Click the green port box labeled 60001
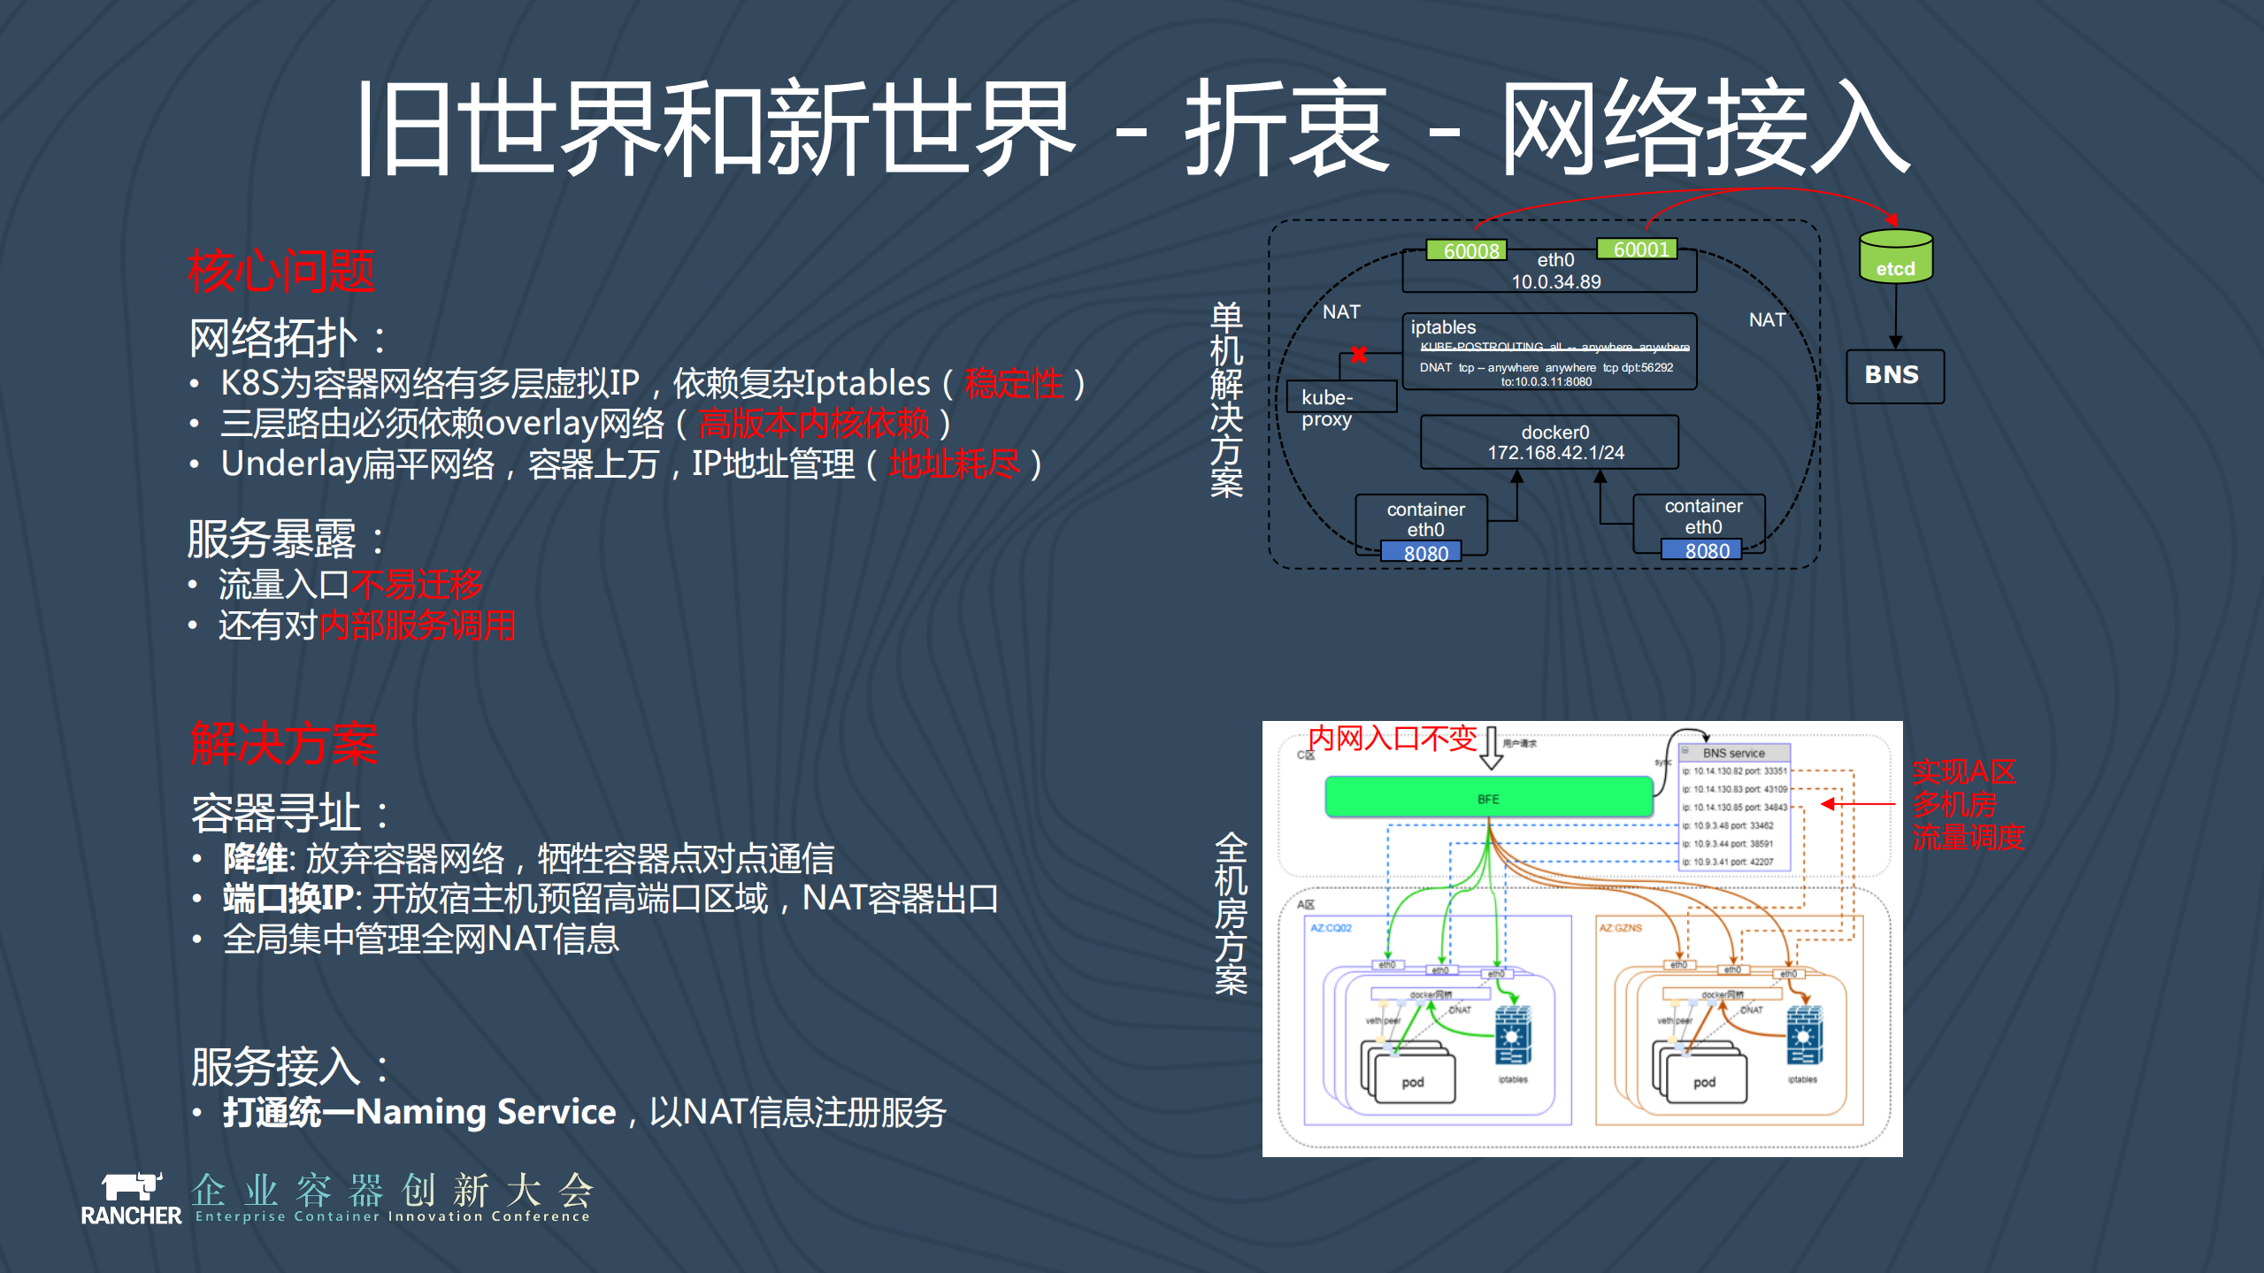[x=1639, y=249]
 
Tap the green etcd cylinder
[x=1895, y=257]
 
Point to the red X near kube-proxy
[x=1359, y=355]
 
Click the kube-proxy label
[x=1327, y=408]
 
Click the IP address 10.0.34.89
[x=1555, y=282]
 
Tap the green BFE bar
[x=1488, y=798]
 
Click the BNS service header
[x=1733, y=753]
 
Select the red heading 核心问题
[x=280, y=272]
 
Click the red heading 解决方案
[x=284, y=744]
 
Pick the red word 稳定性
[x=1013, y=384]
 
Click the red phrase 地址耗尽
[x=954, y=464]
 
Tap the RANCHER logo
[x=131, y=1200]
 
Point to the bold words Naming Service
[x=486, y=1112]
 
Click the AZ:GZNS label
[x=1620, y=928]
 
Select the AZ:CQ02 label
[x=1331, y=928]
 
